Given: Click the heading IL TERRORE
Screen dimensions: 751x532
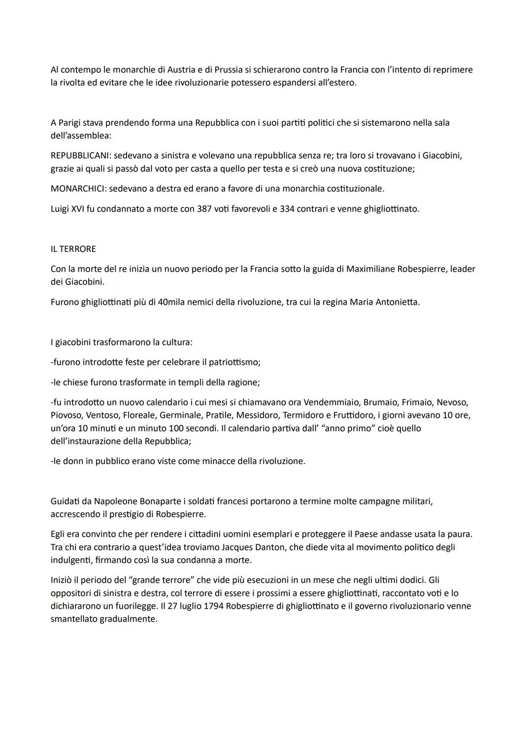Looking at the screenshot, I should click(x=73, y=249).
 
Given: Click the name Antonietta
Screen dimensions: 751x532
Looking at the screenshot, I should click(x=398, y=302).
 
